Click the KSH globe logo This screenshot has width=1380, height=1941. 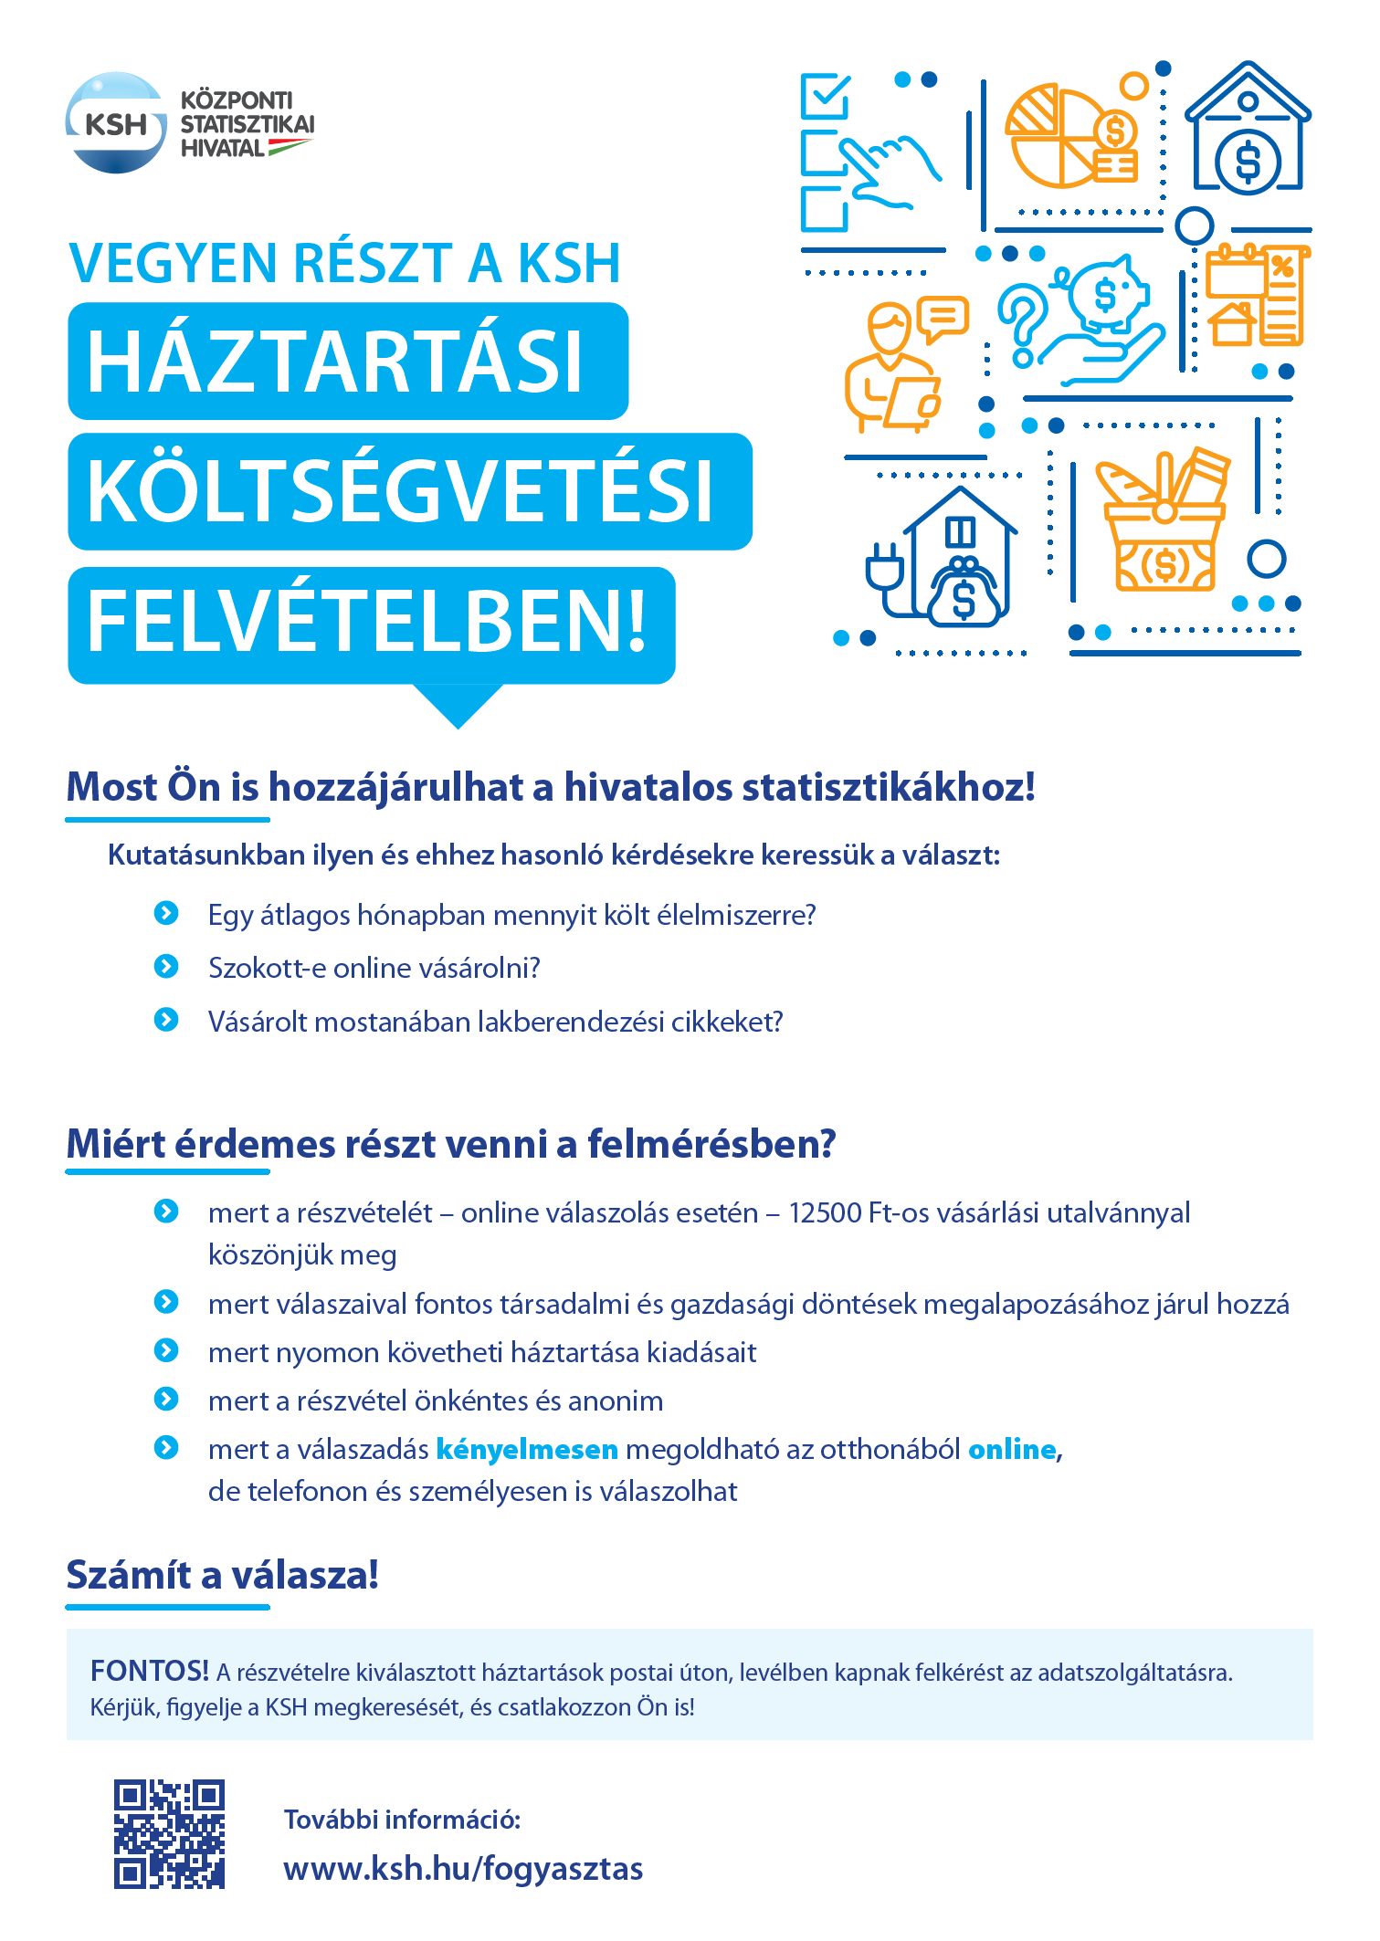click(x=116, y=122)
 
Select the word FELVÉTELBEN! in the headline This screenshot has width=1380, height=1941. click(x=367, y=623)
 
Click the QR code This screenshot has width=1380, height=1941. click(x=169, y=1833)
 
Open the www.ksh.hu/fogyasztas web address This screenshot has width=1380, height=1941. click(x=463, y=1869)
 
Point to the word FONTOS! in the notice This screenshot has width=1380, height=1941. click(x=150, y=1672)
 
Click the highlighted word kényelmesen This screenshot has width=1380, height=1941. click(x=527, y=1450)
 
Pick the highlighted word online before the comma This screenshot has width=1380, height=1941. click(x=1012, y=1450)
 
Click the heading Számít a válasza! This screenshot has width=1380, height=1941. click(x=222, y=1576)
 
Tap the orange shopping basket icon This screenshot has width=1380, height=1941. click(x=1164, y=530)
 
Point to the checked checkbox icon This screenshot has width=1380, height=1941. click(x=825, y=97)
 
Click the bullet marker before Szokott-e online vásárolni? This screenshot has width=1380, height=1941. click(x=166, y=967)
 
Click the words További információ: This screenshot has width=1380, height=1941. click(x=402, y=1820)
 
